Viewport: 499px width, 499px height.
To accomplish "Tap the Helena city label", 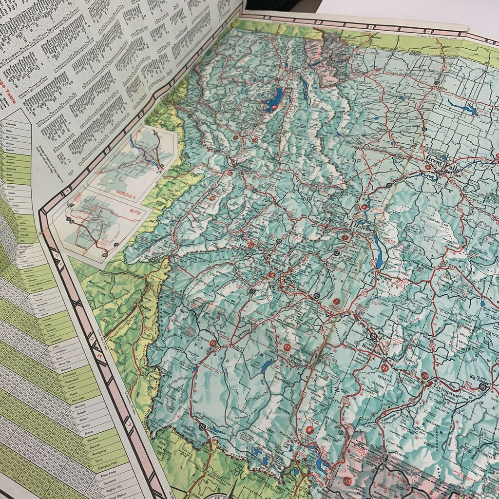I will pyautogui.click(x=360, y=228).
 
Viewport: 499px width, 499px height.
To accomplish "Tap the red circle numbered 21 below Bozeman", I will pyautogui.click(x=384, y=368).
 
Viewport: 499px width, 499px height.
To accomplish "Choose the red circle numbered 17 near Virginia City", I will pyautogui.click(x=287, y=347).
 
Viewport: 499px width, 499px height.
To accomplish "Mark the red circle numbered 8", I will pyautogui.click(x=309, y=430).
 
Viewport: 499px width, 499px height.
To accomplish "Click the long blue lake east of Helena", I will pyautogui.click(x=378, y=251).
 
